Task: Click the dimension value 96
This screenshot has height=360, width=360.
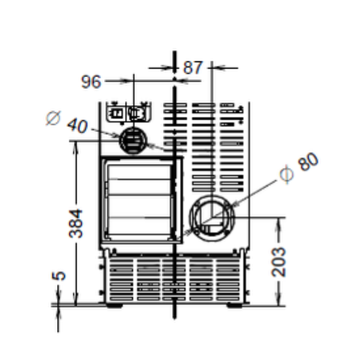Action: pos(91,82)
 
